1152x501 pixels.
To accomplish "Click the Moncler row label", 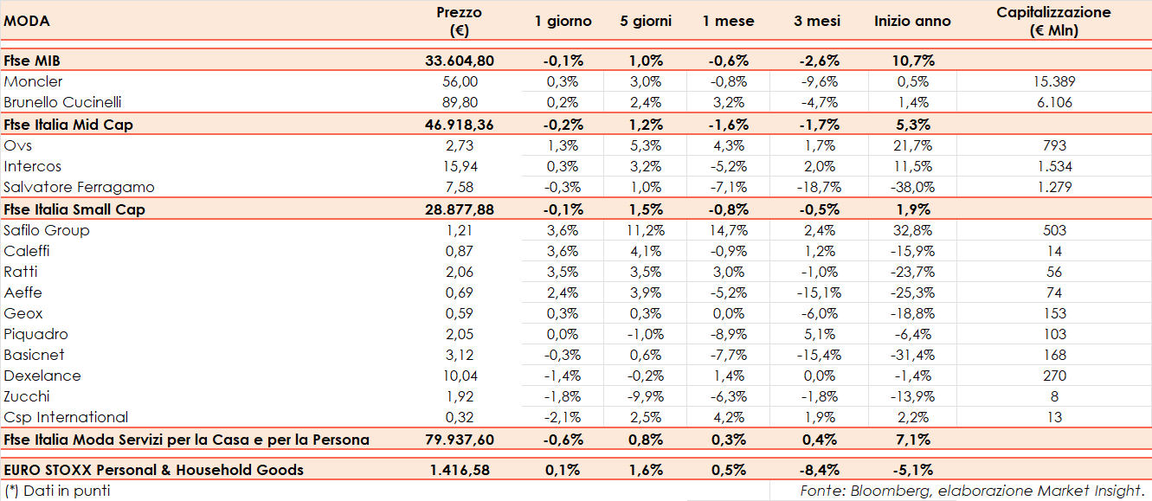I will (34, 81).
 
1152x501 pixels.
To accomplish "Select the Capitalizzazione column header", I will (1053, 22).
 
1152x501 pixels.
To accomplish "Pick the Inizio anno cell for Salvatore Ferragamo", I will (912, 187).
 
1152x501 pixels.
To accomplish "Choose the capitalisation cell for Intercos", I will (1054, 166).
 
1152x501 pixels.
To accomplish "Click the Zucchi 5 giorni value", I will (646, 396).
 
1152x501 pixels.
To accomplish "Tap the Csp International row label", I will (66, 417).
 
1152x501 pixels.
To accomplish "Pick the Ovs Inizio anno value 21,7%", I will (912, 145).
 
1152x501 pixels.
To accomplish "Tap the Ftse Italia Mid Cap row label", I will (68, 125).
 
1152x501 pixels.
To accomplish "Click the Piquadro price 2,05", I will (460, 334).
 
